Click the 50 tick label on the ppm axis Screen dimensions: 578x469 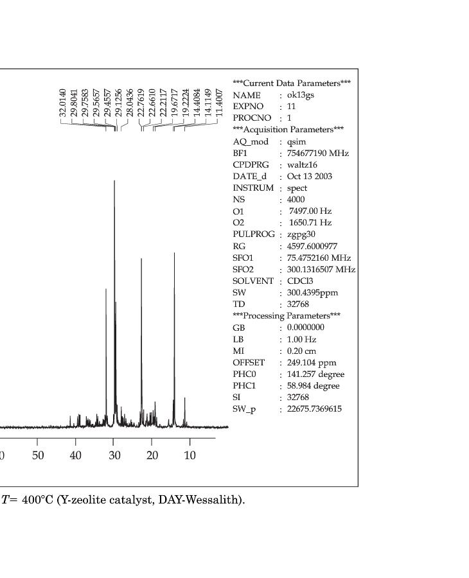(37, 455)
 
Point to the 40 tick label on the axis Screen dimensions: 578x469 (76, 455)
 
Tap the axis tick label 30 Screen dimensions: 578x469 (114, 455)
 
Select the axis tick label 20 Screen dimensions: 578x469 (152, 455)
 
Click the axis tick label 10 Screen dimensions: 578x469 (190, 455)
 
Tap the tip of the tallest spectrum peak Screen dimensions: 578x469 (114, 181)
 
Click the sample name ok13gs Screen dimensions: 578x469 (301, 95)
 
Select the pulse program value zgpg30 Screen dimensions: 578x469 (301, 234)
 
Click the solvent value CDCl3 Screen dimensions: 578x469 (300, 281)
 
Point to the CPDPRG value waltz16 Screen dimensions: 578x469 (302, 165)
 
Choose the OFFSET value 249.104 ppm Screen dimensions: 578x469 (312, 363)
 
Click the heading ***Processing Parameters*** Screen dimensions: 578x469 (286, 316)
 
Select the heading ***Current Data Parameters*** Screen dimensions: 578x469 (292, 83)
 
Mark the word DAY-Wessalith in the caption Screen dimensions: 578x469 (211, 500)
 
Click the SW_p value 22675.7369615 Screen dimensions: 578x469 (314, 409)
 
